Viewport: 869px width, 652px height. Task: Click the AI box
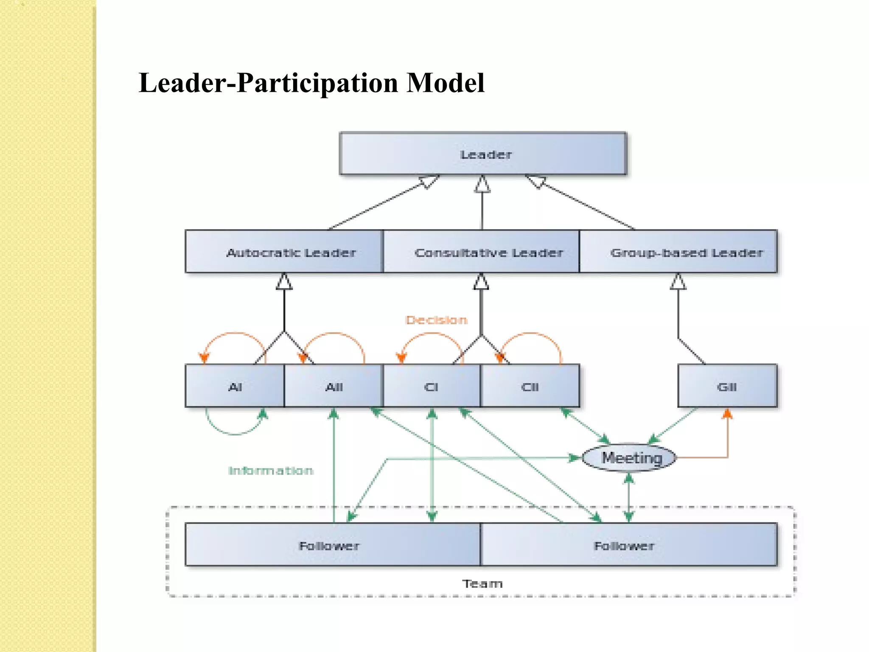click(235, 386)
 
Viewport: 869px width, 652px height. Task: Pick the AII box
click(334, 386)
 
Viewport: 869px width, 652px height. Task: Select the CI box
click(432, 386)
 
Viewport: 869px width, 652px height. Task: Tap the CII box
click(530, 386)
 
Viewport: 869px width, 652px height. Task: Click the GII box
click(727, 386)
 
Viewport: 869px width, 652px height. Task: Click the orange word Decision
click(436, 320)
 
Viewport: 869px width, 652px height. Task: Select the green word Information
click(271, 470)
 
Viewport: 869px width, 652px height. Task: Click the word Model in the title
click(445, 83)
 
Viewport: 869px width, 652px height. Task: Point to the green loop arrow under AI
click(235, 434)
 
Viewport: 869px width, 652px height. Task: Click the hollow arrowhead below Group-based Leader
click(678, 282)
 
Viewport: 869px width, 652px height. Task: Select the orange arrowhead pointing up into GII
click(727, 413)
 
